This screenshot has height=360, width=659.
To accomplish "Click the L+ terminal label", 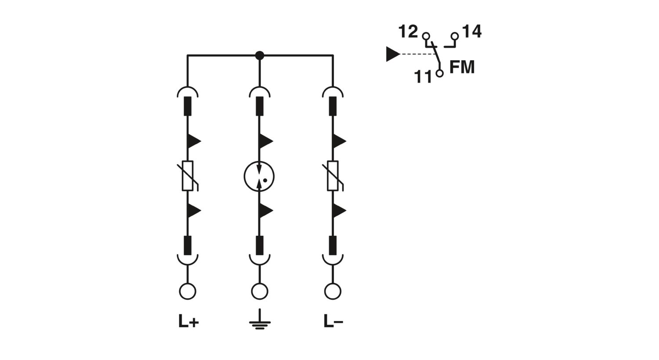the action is (x=188, y=321).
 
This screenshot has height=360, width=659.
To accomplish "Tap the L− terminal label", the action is (x=333, y=321).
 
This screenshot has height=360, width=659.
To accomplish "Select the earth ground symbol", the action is (x=260, y=319).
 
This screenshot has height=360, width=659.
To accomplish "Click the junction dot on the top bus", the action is (x=260, y=55).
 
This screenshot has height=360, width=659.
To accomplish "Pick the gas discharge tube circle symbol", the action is (x=259, y=176).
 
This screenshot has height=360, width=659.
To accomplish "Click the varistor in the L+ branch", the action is (x=188, y=176).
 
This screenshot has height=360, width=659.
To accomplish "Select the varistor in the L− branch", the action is (x=333, y=176).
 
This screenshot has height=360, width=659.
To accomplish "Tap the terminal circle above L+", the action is (x=188, y=291).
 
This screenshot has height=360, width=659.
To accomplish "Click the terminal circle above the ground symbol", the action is (x=260, y=291).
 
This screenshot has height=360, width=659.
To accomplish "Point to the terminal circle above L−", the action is (x=333, y=291).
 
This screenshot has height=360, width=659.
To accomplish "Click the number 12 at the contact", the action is (x=408, y=31).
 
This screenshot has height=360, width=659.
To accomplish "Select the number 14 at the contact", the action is (x=472, y=31).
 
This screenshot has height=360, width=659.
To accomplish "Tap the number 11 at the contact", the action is (x=423, y=76).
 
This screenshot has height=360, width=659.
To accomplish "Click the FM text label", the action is (x=462, y=67).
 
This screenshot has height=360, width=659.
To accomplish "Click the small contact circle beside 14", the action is (x=455, y=36).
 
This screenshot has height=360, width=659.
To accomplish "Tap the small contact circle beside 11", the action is (x=439, y=73).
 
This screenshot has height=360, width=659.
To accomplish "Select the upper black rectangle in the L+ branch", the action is (x=188, y=106).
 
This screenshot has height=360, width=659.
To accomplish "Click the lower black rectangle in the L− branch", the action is (x=333, y=245).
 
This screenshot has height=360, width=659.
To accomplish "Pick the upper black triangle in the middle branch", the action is (x=265, y=141).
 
